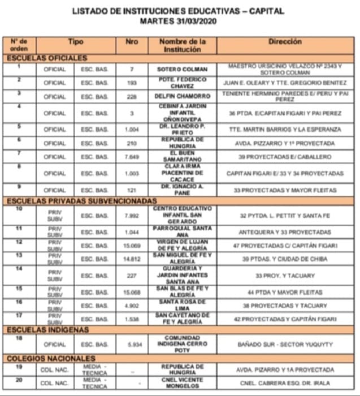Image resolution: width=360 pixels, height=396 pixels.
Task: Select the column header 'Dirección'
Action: [x=285, y=41]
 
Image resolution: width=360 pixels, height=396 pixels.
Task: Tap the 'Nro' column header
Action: [x=131, y=41]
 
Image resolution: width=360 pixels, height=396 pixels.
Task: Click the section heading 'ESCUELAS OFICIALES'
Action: [x=47, y=58]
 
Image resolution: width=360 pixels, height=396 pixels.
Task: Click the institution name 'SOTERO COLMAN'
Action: [x=181, y=70]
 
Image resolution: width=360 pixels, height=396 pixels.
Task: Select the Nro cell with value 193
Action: [x=131, y=83]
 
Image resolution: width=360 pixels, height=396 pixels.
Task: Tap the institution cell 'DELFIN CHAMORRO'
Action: [x=181, y=96]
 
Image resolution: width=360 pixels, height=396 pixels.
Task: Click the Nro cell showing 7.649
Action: [x=131, y=157]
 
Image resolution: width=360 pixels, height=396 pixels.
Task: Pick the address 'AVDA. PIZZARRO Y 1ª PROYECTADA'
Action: [x=285, y=144]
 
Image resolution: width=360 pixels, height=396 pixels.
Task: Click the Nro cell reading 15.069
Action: [x=131, y=246]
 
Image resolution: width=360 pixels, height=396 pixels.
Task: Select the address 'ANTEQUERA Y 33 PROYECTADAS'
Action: [x=285, y=233]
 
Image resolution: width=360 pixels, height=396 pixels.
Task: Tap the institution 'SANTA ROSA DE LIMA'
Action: [x=181, y=305]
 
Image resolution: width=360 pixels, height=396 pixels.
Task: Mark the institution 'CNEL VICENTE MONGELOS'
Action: [x=181, y=383]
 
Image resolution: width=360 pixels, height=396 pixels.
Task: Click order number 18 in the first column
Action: [x=19, y=338]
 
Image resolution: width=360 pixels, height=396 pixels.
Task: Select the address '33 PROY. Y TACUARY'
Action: [x=285, y=276]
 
